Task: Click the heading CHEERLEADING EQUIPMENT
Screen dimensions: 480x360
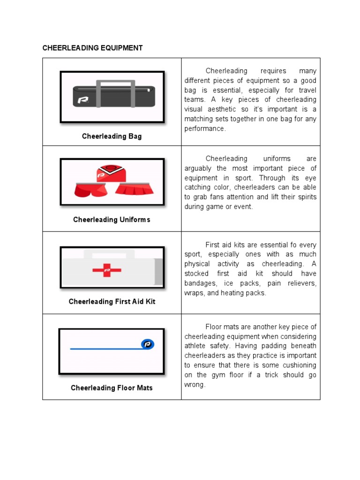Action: tap(92, 48)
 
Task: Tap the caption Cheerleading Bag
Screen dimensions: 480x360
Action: tap(112, 136)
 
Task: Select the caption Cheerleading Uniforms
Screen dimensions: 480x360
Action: tap(112, 219)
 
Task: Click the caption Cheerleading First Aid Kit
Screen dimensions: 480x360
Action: tap(112, 301)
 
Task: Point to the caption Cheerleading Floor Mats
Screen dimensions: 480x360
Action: tap(112, 388)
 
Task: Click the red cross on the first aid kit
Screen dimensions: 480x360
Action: tap(107, 270)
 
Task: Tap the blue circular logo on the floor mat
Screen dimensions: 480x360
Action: tap(148, 345)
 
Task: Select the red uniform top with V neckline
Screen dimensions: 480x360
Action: tap(111, 173)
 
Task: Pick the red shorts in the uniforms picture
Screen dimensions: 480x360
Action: tap(90, 190)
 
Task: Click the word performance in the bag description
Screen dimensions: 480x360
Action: tap(205, 128)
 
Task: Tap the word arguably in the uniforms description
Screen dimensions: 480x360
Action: tap(199, 168)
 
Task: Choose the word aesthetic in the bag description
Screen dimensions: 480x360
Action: tap(223, 109)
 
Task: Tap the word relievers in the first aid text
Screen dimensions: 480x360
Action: tap(302, 284)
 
